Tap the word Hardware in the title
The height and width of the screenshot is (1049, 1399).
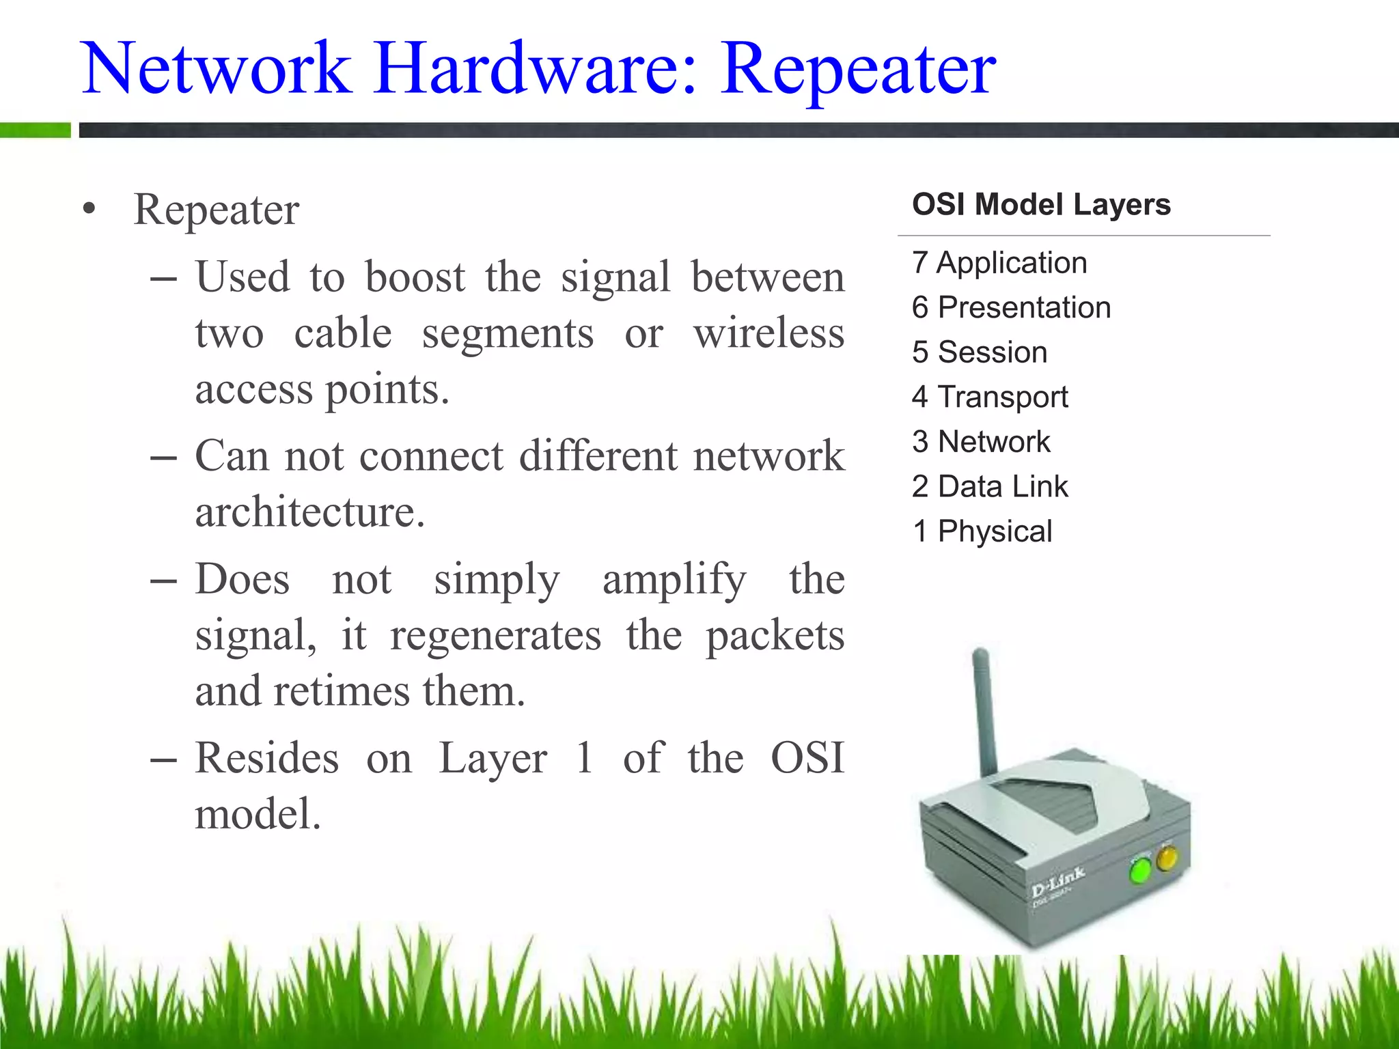tap(536, 68)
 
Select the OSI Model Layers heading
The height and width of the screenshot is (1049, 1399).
tap(1041, 205)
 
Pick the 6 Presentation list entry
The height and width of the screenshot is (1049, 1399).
tap(1011, 308)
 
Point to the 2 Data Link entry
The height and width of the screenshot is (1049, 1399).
tap(990, 487)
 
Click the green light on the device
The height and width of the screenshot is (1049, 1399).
tap(1139, 871)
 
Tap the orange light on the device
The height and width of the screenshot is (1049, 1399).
tap(1167, 858)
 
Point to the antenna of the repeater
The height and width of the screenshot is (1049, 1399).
tap(984, 710)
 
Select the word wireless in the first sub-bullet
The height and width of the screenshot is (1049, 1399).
tap(769, 334)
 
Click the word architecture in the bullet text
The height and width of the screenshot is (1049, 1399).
tap(309, 512)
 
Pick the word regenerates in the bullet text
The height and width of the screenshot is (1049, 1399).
tap(495, 636)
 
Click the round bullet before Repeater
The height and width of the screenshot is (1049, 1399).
tap(89, 210)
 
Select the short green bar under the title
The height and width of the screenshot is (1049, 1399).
tap(35, 130)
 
